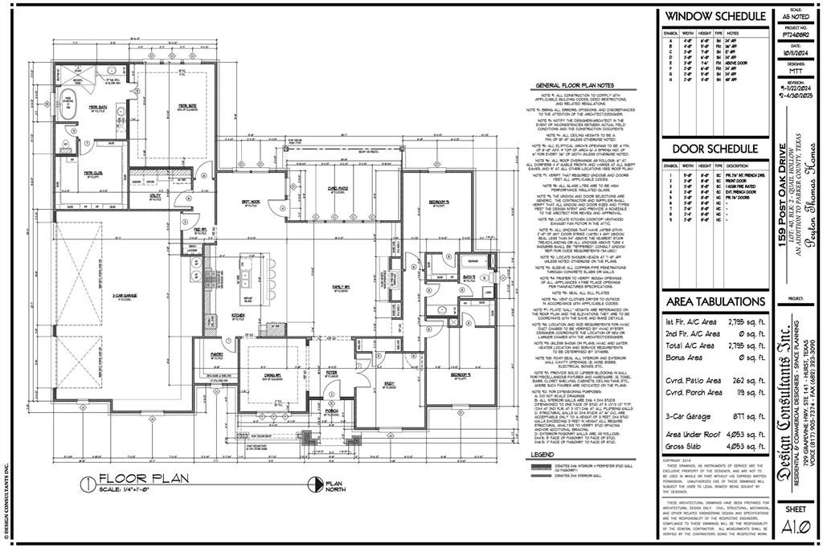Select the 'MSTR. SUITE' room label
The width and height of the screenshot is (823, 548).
pyautogui.click(x=187, y=104)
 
